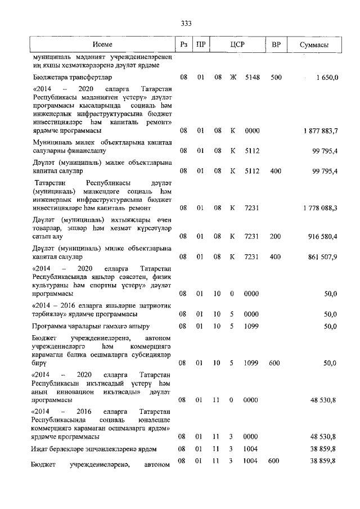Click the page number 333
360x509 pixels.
coord(186,23)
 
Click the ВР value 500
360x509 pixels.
coord(276,77)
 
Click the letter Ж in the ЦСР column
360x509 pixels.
coord(232,77)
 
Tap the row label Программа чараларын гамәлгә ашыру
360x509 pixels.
coord(91,326)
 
